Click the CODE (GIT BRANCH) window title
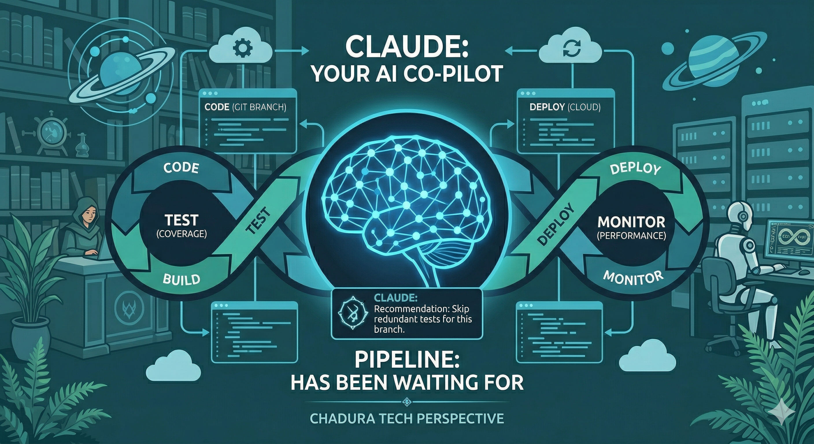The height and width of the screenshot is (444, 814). (245, 107)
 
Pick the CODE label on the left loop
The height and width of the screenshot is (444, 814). (181, 167)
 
